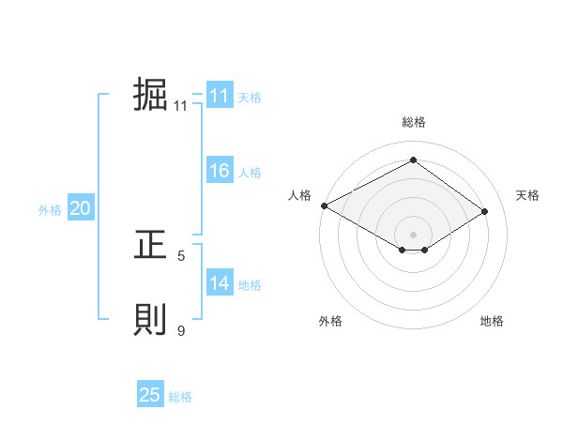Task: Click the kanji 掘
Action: point(150,95)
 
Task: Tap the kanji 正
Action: point(150,246)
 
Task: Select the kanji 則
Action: point(150,320)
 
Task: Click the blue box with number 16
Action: point(220,171)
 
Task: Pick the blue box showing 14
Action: point(220,283)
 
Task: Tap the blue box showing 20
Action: point(81,208)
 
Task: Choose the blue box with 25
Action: point(150,395)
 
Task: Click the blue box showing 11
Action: point(220,96)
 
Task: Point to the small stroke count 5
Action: point(181,254)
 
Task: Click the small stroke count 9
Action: point(181,329)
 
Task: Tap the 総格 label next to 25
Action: point(180,397)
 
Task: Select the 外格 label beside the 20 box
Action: point(50,210)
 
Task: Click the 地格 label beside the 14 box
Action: point(250,285)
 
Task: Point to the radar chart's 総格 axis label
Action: point(413,123)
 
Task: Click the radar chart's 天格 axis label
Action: point(527,195)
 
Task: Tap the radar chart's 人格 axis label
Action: point(299,195)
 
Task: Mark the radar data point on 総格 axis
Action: point(413,160)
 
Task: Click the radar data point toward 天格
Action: point(484,212)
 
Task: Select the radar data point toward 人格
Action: point(324,205)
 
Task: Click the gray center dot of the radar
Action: point(413,233)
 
